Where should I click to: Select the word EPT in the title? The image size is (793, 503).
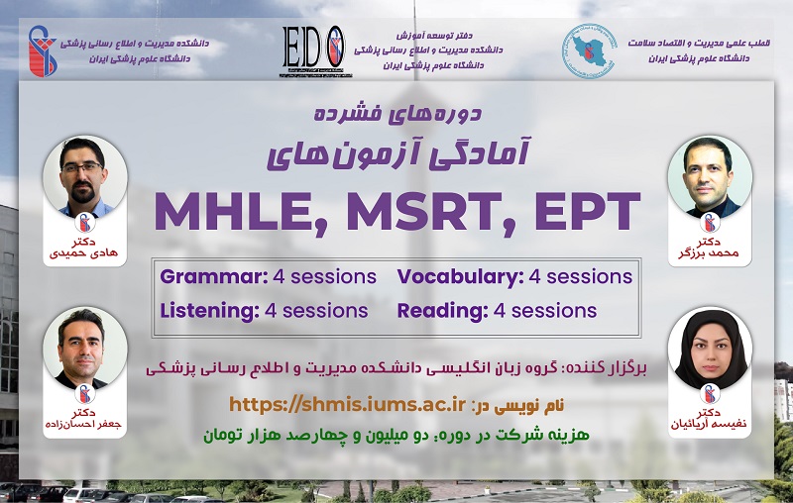[x=588, y=211]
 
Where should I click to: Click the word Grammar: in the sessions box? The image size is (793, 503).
[x=214, y=277]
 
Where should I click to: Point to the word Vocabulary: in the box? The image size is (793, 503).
[x=460, y=277]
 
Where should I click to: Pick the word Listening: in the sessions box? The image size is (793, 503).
[x=209, y=311]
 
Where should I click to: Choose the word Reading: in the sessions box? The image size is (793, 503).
[x=442, y=311]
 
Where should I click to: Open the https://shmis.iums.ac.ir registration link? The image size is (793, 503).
[x=347, y=405]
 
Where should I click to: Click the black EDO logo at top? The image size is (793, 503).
[x=314, y=51]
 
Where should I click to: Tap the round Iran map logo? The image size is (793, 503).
[x=589, y=50]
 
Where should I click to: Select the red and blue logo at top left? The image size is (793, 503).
[x=42, y=51]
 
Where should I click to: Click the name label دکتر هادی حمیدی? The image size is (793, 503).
[x=84, y=248]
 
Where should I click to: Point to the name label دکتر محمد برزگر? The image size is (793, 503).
[x=709, y=248]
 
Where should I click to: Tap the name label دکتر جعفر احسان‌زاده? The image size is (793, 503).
[x=84, y=419]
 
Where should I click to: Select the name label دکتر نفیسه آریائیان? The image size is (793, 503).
[x=709, y=419]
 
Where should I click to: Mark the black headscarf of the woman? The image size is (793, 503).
[x=711, y=348]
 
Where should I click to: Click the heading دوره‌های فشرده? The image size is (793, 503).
[x=397, y=113]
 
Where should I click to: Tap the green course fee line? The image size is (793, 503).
[x=396, y=435]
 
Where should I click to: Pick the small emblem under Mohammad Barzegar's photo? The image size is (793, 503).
[x=710, y=222]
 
